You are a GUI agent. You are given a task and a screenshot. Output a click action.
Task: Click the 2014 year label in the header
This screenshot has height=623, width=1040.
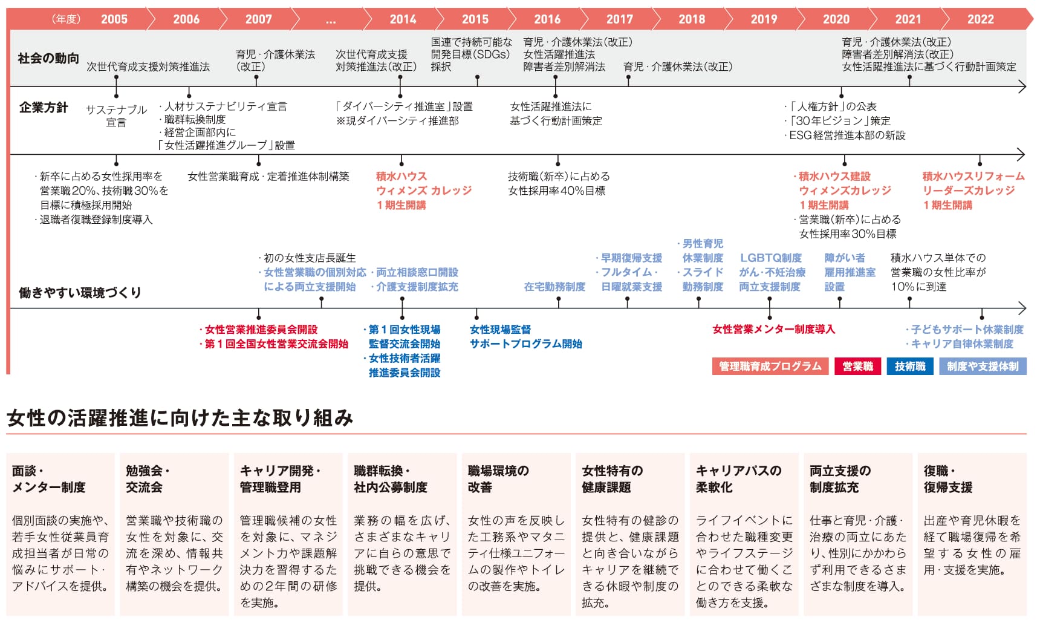tap(403, 19)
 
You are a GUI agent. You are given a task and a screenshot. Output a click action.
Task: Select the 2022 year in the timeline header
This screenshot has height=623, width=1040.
tap(980, 19)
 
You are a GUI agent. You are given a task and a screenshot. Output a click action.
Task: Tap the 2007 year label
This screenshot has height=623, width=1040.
tap(258, 19)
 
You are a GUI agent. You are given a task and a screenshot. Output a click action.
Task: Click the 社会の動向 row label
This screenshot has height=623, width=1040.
tap(48, 58)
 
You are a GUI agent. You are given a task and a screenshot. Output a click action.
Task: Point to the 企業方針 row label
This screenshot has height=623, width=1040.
tap(44, 108)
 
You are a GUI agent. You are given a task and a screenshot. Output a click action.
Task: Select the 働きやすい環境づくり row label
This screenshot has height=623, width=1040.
tap(80, 293)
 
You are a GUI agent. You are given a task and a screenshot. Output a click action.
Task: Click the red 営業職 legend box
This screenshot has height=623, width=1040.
tap(857, 366)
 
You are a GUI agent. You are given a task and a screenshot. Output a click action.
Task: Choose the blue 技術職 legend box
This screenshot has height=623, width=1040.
tap(910, 366)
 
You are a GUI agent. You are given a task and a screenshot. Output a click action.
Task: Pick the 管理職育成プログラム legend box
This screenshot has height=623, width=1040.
tap(770, 366)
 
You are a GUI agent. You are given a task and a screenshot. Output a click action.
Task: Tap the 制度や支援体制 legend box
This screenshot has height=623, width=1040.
tap(983, 366)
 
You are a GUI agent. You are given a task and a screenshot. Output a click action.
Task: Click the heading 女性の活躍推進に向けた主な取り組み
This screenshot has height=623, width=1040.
tap(180, 417)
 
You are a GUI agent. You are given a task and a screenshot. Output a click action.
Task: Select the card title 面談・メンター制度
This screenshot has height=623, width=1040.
tap(48, 478)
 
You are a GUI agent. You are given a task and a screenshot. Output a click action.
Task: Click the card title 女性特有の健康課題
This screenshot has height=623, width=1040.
tap(612, 478)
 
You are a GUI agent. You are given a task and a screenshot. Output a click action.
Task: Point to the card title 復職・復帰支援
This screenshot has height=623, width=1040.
tap(947, 478)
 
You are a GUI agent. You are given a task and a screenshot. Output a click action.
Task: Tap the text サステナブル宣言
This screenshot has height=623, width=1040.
tap(116, 116)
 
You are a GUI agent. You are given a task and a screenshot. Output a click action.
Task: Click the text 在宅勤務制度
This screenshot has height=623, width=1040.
tap(554, 287)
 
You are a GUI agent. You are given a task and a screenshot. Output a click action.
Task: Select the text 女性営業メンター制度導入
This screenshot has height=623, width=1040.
tap(773, 330)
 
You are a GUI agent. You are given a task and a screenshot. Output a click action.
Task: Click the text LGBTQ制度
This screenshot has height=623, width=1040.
tap(771, 258)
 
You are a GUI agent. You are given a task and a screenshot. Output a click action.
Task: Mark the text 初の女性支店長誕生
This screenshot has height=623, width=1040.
tap(307, 258)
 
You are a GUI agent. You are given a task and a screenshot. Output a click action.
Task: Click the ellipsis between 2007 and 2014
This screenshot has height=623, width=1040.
tap(330, 21)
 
